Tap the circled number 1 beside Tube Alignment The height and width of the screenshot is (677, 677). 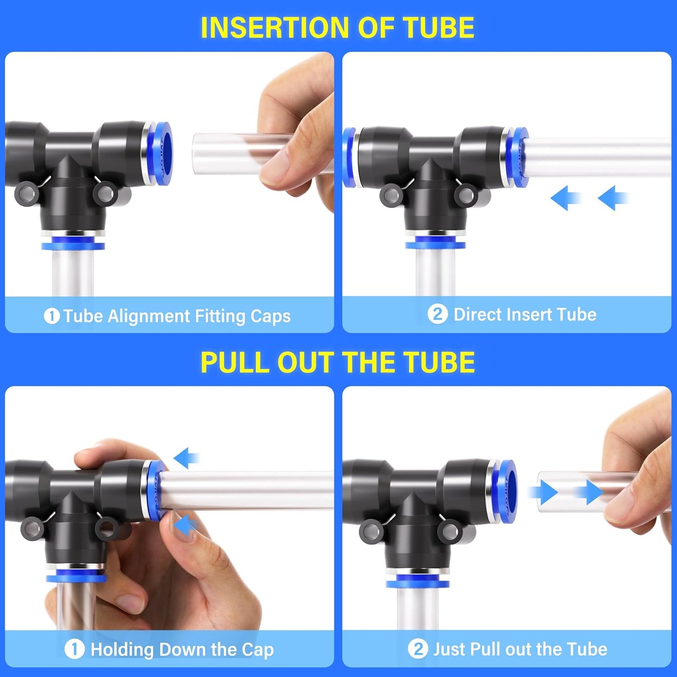[x=52, y=316]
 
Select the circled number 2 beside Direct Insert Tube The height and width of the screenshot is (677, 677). [x=437, y=314]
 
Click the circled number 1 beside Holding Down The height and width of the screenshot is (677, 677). [x=74, y=650]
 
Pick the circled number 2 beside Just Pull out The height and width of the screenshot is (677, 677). [x=417, y=649]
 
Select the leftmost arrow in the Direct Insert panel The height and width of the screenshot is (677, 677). [x=565, y=198]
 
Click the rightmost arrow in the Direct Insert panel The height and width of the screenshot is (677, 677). [x=613, y=198]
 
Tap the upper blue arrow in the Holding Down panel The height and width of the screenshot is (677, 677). [x=186, y=458]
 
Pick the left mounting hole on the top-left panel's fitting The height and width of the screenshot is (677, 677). [x=25, y=193]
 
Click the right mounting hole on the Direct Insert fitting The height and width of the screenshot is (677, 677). [x=467, y=194]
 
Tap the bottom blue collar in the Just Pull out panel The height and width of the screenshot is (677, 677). [x=417, y=583]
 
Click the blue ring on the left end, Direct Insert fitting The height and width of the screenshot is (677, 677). [x=348, y=157]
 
